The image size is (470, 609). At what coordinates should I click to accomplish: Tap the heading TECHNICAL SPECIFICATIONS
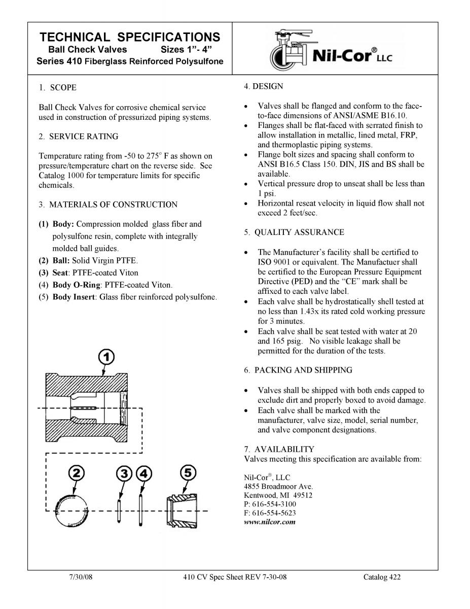coord(130,37)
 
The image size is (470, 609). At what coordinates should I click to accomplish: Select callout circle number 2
coord(76,473)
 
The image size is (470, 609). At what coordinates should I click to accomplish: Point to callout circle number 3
coord(124,473)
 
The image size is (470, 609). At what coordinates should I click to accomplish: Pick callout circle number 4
coord(144,473)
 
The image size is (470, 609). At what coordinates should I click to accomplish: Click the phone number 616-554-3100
coord(274,504)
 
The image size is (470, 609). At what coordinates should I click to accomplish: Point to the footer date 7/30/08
coord(80,577)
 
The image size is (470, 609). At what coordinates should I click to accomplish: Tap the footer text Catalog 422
coord(382,577)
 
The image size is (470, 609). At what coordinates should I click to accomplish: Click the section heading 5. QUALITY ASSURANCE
coord(294,232)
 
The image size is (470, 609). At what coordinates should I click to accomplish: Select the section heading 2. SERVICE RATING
coord(79,137)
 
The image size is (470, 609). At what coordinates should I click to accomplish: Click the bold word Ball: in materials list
coord(64,260)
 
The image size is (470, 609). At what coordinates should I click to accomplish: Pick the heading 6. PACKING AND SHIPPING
coord(298,370)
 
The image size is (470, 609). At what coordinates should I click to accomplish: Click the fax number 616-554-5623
coord(274,513)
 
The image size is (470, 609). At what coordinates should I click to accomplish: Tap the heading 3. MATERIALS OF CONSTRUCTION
coord(108,205)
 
